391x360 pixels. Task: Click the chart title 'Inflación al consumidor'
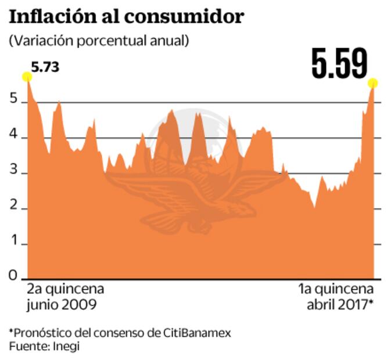[125, 16]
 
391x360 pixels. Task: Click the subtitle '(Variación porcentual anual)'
[98, 41]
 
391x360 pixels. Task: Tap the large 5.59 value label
[339, 63]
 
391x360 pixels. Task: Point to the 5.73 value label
[45, 67]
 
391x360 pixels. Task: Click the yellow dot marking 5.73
[27, 77]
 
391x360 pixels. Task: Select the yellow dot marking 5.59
[372, 84]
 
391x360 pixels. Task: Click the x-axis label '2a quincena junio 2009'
[65, 296]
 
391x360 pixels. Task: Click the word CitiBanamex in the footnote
[199, 333]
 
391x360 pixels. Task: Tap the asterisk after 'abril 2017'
[370, 303]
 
